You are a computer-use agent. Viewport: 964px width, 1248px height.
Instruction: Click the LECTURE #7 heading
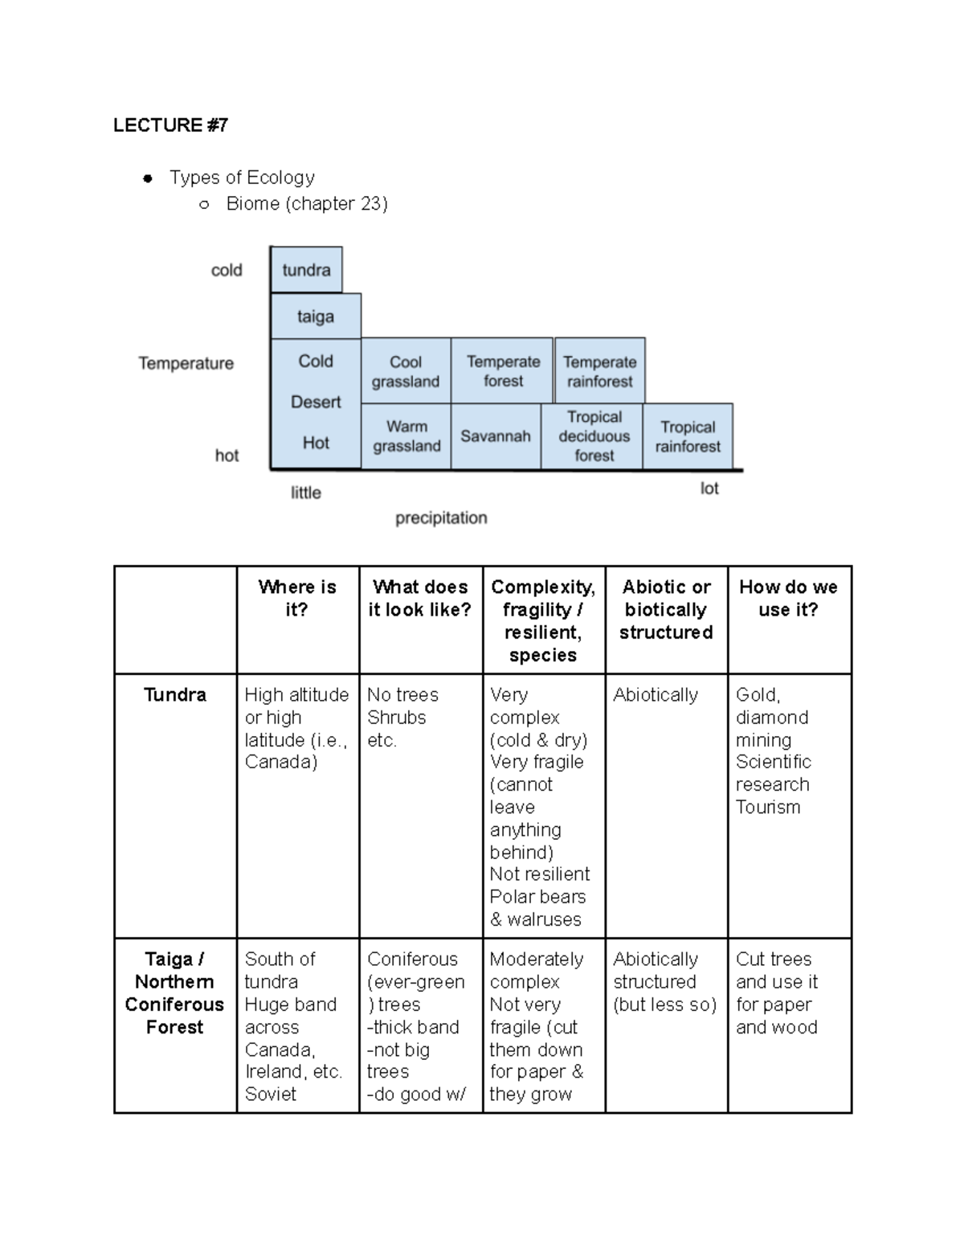(x=170, y=125)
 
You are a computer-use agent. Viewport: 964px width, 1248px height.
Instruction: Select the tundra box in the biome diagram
(x=306, y=270)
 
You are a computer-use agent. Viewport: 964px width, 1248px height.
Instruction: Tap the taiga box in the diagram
(x=316, y=317)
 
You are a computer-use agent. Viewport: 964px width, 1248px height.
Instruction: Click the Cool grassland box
(x=406, y=371)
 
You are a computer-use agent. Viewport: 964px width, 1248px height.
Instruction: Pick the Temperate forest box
(x=503, y=371)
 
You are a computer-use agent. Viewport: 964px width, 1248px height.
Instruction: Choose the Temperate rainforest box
(x=599, y=371)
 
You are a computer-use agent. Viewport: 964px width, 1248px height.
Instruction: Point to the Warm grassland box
(x=406, y=436)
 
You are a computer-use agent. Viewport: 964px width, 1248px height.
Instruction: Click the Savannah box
(x=496, y=436)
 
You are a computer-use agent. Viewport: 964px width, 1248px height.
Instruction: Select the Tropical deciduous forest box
(x=594, y=436)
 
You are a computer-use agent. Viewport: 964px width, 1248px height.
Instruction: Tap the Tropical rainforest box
(x=688, y=436)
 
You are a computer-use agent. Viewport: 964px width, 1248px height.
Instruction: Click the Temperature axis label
(x=186, y=363)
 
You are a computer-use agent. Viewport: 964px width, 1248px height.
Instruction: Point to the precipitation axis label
(x=441, y=518)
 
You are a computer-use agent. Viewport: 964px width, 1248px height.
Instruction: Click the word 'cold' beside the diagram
(x=227, y=271)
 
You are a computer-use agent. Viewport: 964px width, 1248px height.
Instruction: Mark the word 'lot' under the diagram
(x=709, y=489)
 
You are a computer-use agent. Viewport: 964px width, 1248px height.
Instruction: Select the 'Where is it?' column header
(x=297, y=599)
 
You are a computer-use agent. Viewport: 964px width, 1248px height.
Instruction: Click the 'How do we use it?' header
(x=788, y=599)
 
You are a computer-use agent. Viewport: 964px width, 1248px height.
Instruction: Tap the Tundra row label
(x=175, y=695)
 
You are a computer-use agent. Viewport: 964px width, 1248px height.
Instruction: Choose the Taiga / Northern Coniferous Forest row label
(x=175, y=993)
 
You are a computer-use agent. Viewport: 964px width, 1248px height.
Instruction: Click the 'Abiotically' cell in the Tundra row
(x=656, y=695)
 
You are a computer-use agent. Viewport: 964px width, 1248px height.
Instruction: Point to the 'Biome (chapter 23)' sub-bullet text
(x=307, y=204)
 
